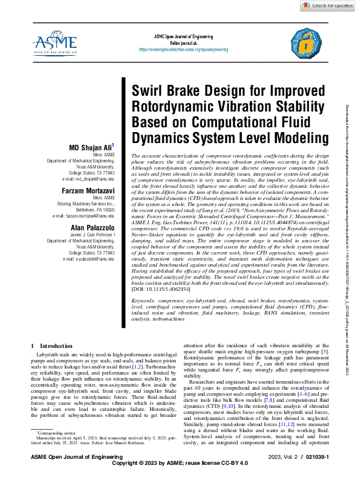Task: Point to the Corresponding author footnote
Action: (x=55, y=451)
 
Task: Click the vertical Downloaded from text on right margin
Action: (x=352, y=182)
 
